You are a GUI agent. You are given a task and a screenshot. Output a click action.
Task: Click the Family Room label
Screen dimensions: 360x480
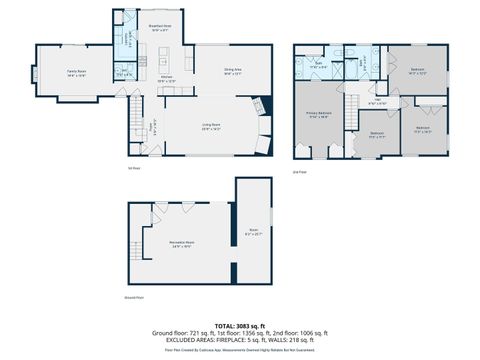[76, 72]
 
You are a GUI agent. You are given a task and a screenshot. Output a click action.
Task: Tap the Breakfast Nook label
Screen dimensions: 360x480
[159, 27]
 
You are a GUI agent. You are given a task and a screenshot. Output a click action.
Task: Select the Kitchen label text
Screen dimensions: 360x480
[168, 79]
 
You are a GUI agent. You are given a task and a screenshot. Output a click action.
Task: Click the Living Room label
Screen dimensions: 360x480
[211, 126]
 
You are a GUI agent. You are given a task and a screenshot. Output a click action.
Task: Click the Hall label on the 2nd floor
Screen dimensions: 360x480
[377, 101]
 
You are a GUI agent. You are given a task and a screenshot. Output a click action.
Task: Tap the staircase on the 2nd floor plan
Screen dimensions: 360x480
[353, 111]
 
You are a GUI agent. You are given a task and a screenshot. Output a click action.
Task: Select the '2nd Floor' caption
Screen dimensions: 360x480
[299, 171]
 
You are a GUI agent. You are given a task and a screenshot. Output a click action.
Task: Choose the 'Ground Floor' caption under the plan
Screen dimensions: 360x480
[134, 297]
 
